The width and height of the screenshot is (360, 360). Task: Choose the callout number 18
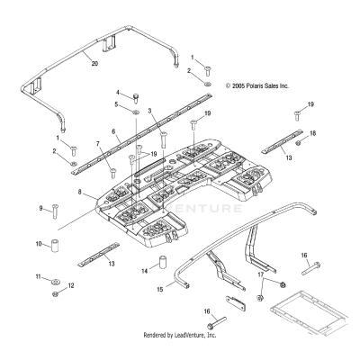click(313, 133)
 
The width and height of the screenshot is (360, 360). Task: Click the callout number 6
click(114, 131)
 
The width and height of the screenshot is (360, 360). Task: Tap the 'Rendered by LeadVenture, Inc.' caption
click(180, 336)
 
